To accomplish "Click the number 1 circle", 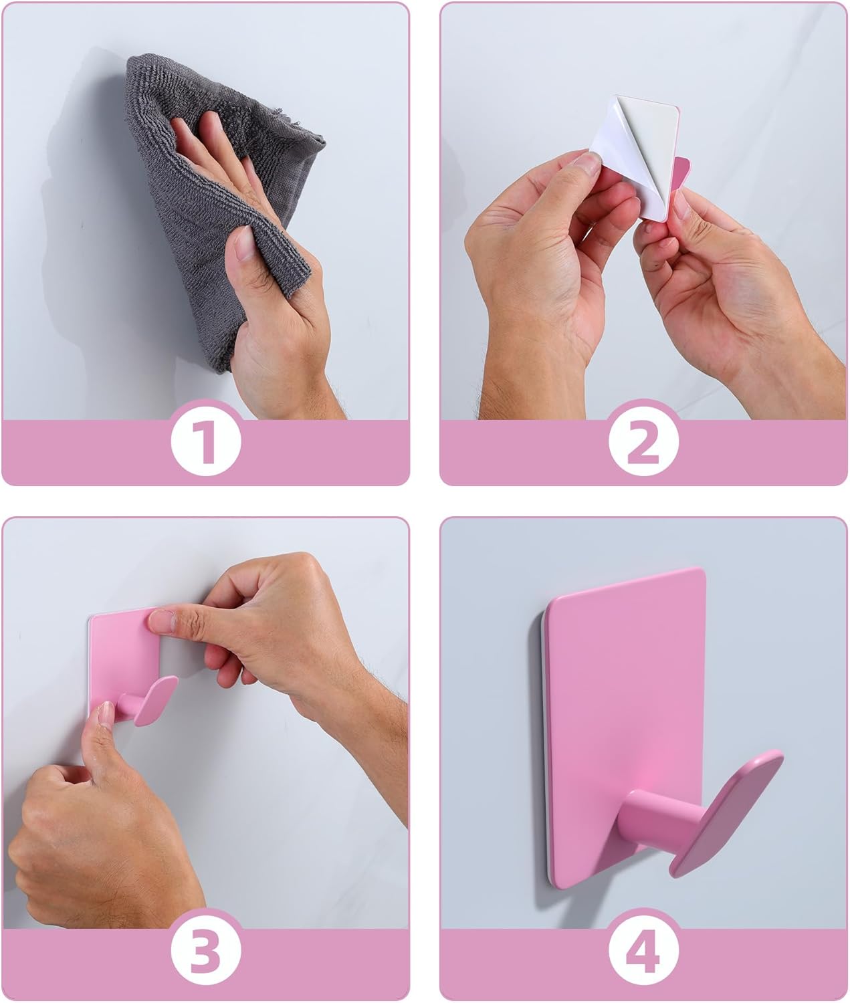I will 205,442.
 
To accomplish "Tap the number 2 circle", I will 643,442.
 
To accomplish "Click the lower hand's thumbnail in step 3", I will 105,716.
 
